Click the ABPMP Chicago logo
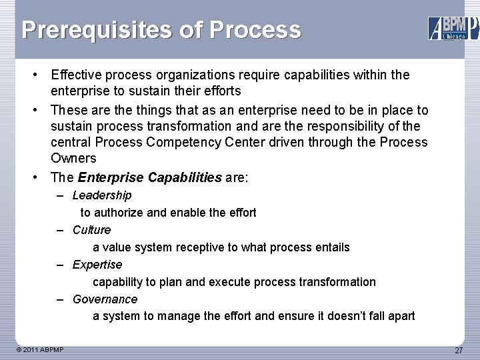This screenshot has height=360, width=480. pos(453,27)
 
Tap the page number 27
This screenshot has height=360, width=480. pos(459,351)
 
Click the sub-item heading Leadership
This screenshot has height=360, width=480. pos(102,195)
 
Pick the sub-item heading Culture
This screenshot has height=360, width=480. pos(92,230)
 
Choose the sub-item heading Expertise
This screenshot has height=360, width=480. pos(97,265)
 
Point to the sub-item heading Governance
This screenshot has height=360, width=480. pos(105,299)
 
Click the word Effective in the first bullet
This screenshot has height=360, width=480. pos(77,75)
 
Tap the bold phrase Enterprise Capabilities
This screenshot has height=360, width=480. pos(149,177)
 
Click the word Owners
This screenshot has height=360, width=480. pos(73,159)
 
